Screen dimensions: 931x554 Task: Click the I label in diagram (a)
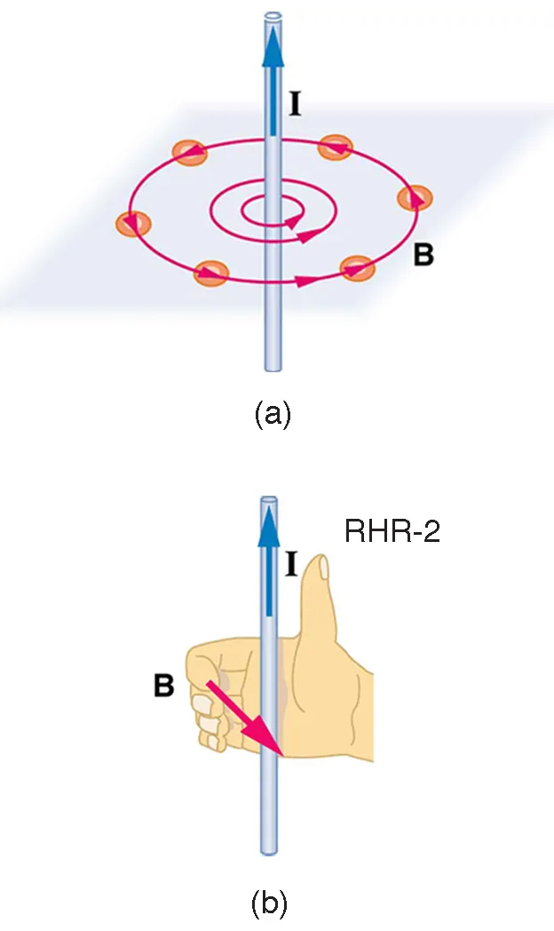(295, 106)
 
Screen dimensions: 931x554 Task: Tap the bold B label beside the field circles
(423, 255)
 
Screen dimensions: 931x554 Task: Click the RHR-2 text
(392, 532)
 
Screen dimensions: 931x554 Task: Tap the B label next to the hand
(162, 687)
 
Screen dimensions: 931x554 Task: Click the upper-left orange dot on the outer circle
(190, 153)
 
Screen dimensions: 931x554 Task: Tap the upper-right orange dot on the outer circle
(336, 147)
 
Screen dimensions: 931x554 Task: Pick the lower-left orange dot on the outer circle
(211, 273)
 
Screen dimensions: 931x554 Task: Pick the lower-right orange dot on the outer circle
(358, 267)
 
